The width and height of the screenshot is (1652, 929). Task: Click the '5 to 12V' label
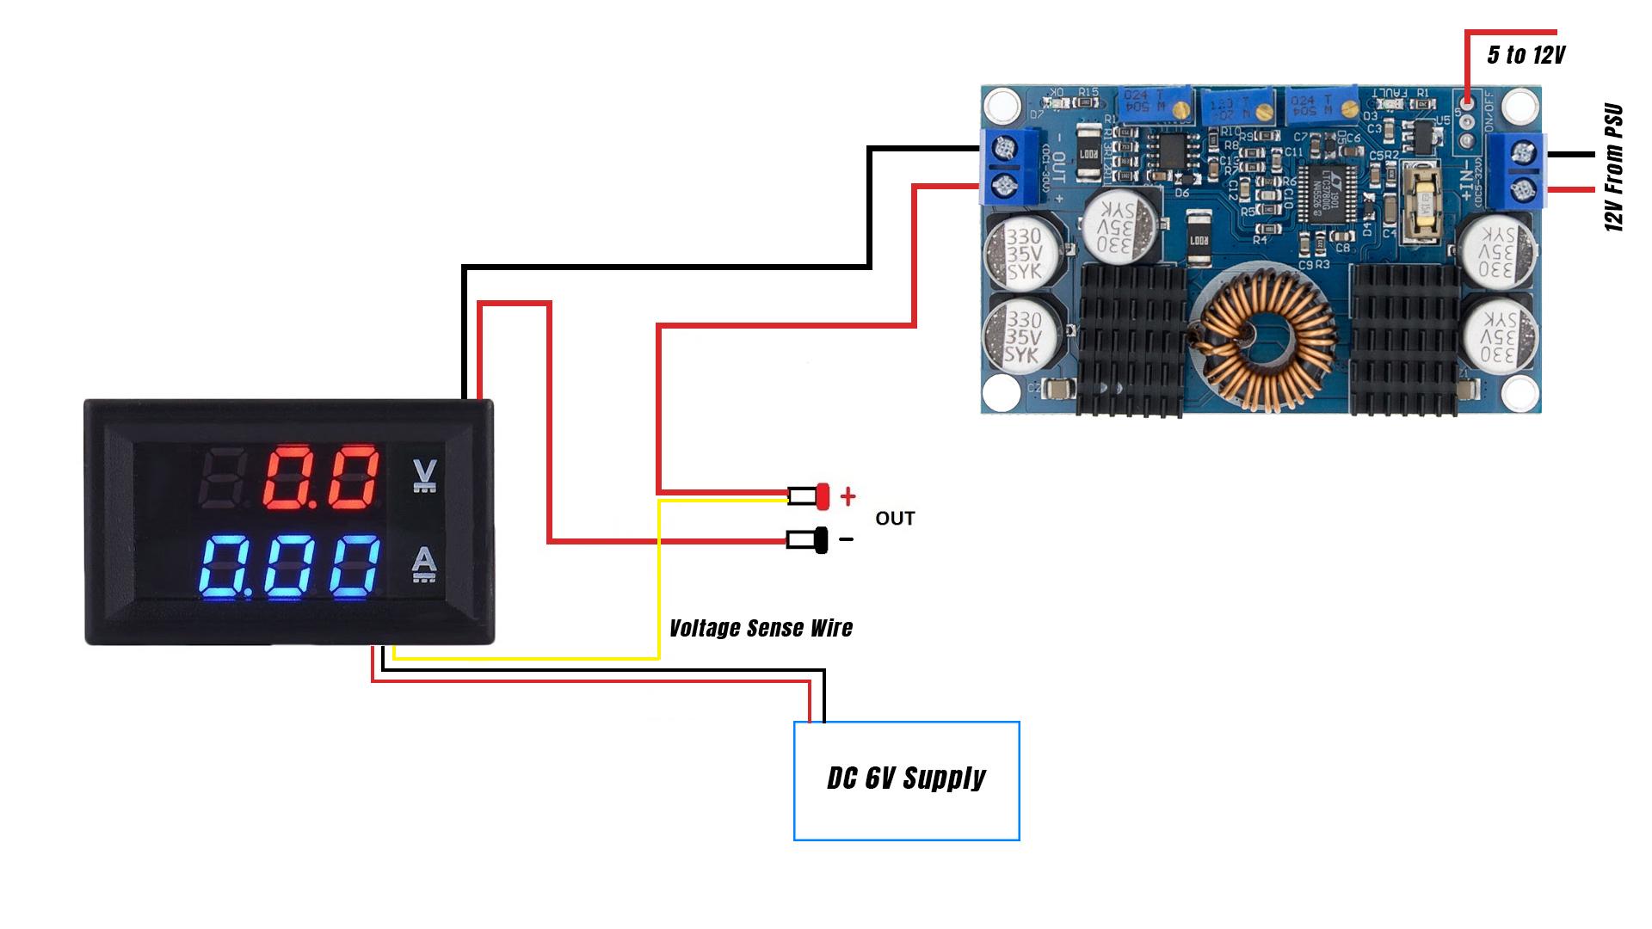tap(1526, 55)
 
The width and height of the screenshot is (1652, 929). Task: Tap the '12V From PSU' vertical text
tap(1614, 168)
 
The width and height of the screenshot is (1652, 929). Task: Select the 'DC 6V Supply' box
tap(906, 780)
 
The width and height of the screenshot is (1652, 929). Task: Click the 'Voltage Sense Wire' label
tap(761, 628)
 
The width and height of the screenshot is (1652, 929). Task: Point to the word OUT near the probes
tap(895, 519)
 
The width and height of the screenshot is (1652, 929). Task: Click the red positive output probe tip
tap(822, 496)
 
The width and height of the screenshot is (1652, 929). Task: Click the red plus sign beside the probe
tap(848, 496)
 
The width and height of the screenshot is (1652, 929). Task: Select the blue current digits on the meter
tap(290, 567)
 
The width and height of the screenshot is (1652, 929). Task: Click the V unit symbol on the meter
tap(424, 476)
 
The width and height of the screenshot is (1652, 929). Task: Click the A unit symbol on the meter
tap(424, 564)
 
